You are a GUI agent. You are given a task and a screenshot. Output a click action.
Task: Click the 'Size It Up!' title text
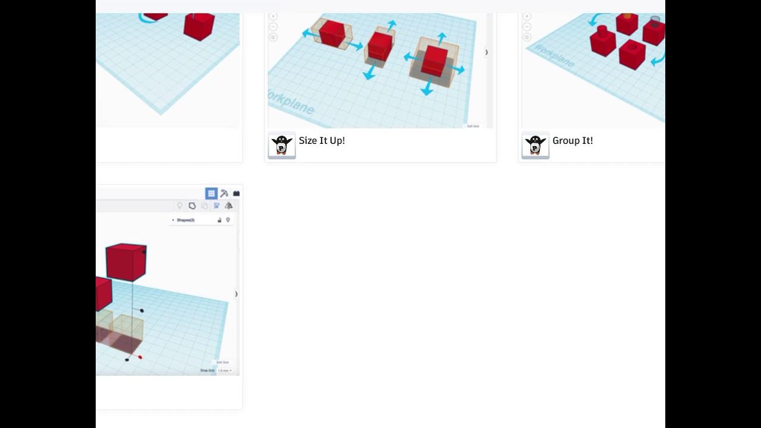[322, 141]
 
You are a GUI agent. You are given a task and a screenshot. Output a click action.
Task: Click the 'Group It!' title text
[573, 141]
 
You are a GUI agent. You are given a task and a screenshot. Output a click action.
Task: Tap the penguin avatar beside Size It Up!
[282, 145]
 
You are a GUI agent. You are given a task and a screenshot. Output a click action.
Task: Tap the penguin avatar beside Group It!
[535, 145]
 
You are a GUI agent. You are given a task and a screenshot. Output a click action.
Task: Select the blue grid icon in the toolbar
[211, 193]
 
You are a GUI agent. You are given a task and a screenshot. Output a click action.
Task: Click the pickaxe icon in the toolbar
[224, 193]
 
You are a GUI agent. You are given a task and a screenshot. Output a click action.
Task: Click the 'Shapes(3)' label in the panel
[185, 220]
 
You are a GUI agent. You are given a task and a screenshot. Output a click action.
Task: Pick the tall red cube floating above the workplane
[126, 262]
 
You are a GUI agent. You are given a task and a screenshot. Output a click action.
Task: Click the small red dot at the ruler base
[140, 357]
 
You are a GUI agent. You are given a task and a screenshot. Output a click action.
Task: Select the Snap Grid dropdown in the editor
[224, 370]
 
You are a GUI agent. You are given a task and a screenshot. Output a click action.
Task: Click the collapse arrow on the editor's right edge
[236, 294]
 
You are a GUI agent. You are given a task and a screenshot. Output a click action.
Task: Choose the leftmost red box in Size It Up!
[332, 33]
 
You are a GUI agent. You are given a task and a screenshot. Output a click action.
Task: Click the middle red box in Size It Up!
[379, 46]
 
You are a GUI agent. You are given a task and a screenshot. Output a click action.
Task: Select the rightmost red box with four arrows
[435, 61]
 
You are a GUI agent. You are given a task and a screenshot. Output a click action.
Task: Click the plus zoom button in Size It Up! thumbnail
[273, 17]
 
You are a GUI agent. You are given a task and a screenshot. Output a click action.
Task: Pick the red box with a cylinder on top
[602, 42]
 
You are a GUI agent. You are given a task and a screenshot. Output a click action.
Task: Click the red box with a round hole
[632, 53]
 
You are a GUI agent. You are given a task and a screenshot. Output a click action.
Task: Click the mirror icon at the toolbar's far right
[229, 206]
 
